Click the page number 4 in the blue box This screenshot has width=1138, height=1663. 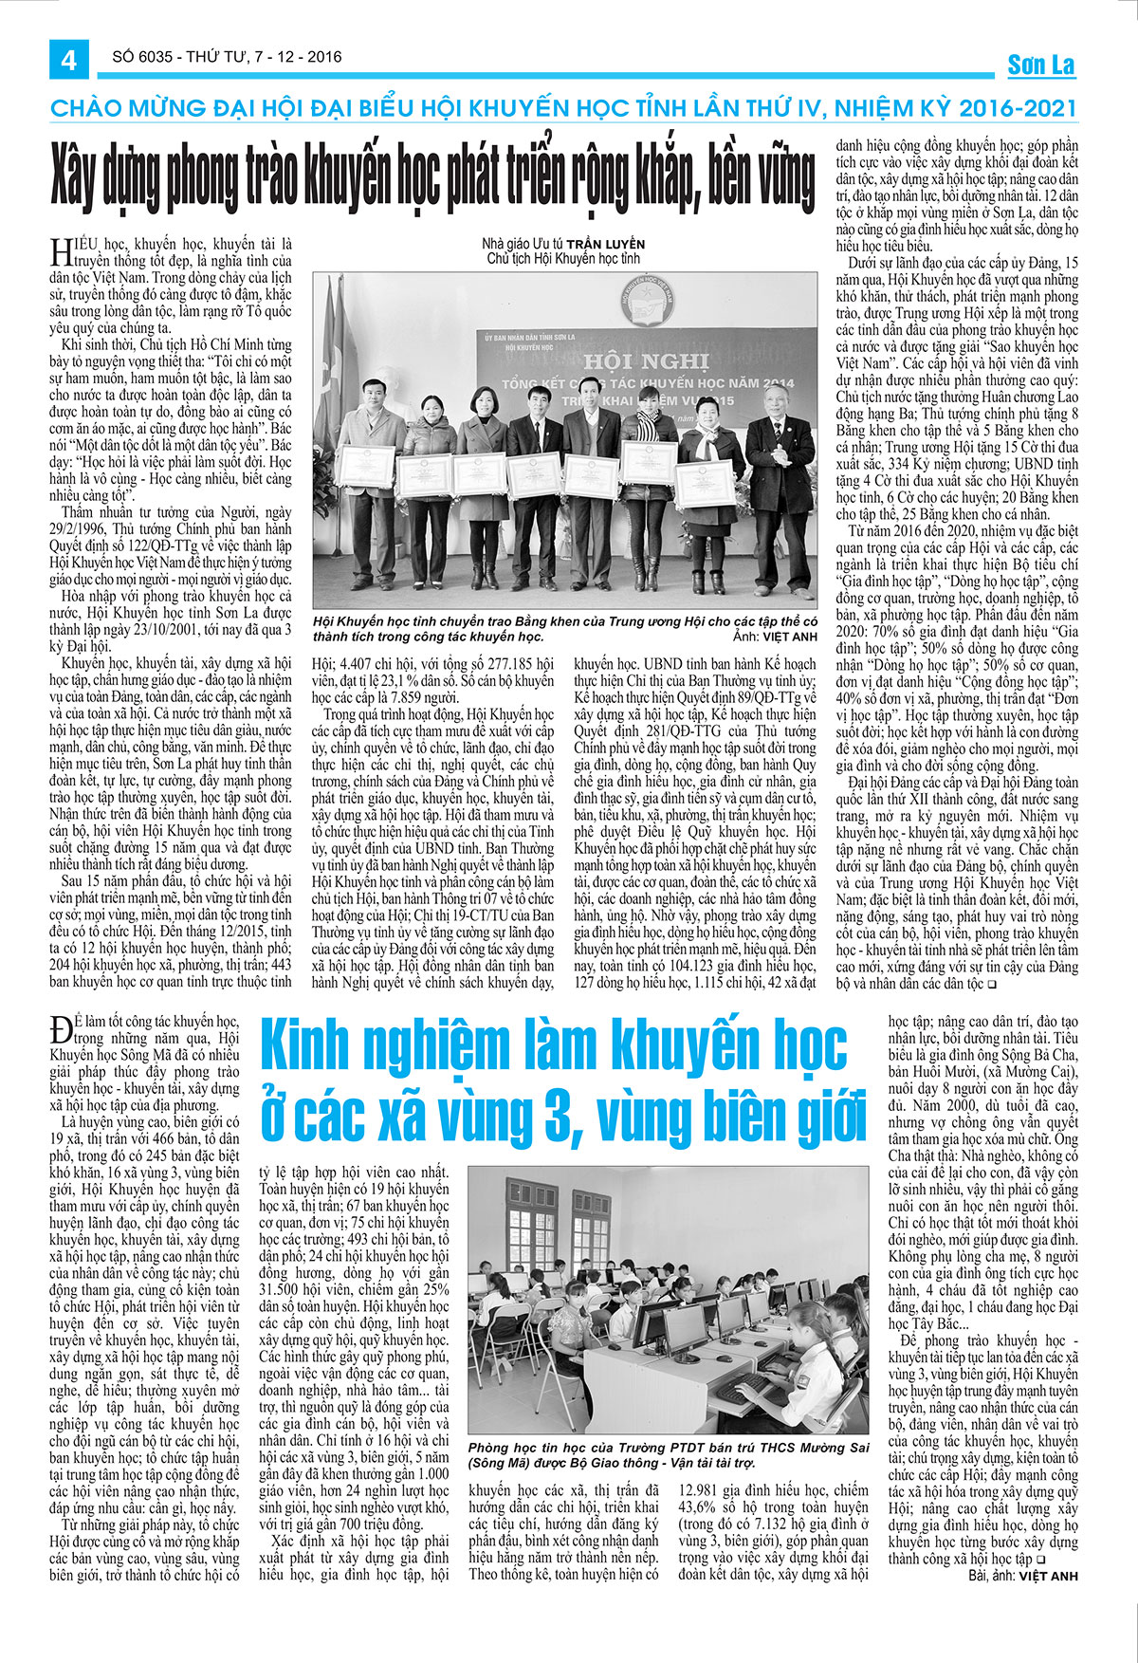[68, 60]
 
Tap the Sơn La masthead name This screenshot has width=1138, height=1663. [1040, 65]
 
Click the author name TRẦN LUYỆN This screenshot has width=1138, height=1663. [594, 243]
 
